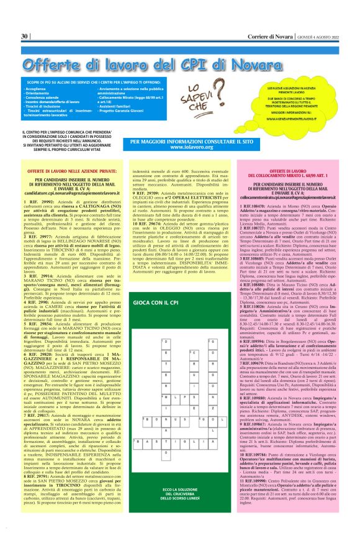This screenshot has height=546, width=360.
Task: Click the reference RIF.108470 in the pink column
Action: click(256, 204)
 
